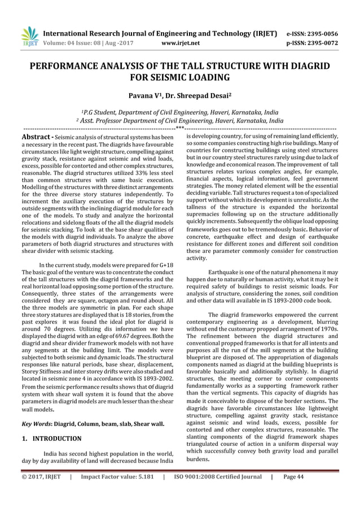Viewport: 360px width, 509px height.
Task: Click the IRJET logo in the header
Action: [x=29, y=36]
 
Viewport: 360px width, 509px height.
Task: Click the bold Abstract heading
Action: [x=37, y=138]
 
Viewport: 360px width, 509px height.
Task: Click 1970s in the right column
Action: [x=328, y=328]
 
